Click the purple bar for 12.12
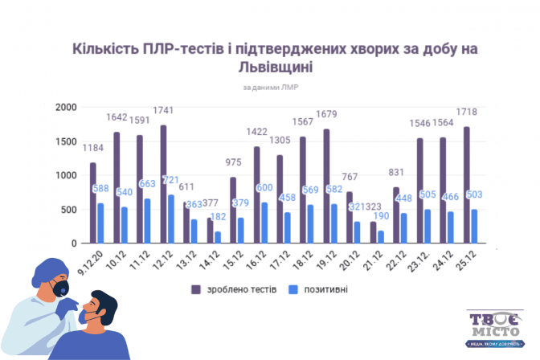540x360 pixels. (x=163, y=184)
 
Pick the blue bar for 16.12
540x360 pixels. (x=264, y=223)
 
